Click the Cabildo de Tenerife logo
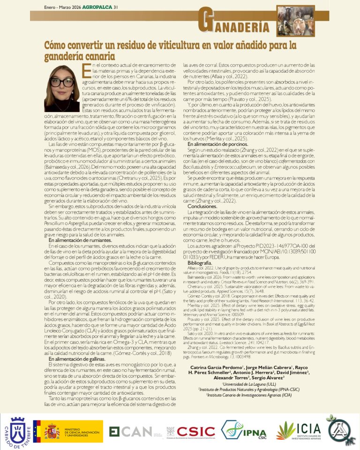point(16,431)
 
